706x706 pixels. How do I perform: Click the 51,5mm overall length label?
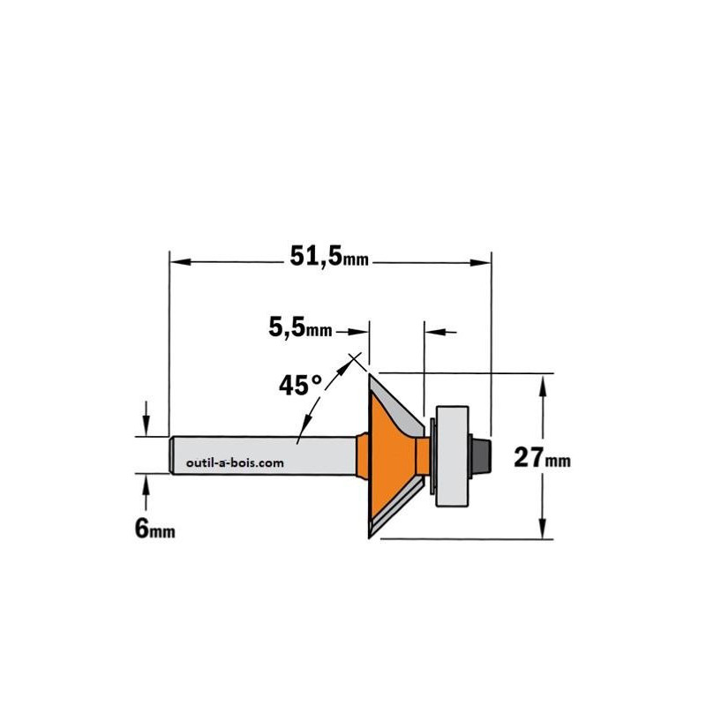pyautogui.click(x=329, y=257)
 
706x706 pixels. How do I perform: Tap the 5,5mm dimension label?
pyautogui.click(x=300, y=327)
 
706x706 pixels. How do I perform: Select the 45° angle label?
pyautogui.click(x=301, y=386)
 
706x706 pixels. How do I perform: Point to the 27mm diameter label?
pyautogui.click(x=542, y=457)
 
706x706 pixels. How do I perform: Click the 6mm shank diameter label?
pyautogui.click(x=154, y=528)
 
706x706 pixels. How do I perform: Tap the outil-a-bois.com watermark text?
pyautogui.click(x=235, y=462)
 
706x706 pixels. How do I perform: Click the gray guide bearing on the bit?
pyautogui.click(x=452, y=455)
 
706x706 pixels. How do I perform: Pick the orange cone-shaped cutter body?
pyautogui.click(x=391, y=454)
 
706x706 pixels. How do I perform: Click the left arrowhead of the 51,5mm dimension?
pyautogui.click(x=181, y=261)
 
